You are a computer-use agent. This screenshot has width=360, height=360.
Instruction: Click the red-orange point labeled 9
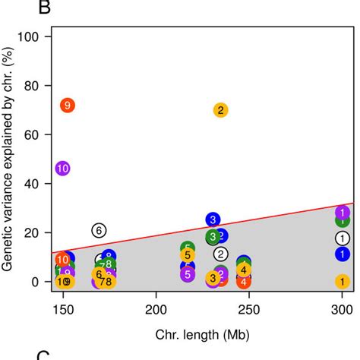(68, 106)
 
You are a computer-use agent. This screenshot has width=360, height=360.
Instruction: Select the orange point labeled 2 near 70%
(220, 110)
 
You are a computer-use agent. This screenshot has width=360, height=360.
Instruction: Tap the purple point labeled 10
(63, 169)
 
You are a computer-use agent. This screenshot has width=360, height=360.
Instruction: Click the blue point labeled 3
(213, 219)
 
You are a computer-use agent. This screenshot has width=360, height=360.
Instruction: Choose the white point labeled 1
(343, 238)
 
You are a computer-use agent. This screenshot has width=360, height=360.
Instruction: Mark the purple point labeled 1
(343, 213)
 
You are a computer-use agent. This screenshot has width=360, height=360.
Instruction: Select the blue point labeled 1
(343, 254)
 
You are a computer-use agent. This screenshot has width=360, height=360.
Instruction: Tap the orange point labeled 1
(343, 282)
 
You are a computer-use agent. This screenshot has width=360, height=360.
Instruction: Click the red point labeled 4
(243, 282)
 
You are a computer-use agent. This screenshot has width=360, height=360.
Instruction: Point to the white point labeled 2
(221, 254)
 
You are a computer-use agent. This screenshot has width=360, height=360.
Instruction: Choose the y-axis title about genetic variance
(10, 159)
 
